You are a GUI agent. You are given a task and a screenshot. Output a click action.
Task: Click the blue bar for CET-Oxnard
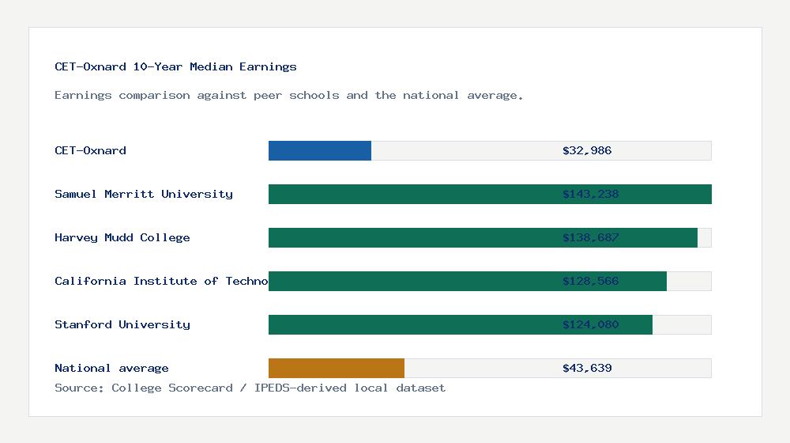point(320,150)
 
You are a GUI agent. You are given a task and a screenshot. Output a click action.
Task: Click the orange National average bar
point(337,368)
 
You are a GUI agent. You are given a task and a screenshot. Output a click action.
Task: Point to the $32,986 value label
point(587,150)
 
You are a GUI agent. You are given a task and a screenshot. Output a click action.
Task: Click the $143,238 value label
point(590,194)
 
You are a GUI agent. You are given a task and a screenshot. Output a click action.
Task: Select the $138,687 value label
point(590,237)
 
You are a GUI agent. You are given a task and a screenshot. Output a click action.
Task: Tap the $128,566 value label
point(590,281)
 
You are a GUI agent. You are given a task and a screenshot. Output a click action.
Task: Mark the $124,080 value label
point(590,324)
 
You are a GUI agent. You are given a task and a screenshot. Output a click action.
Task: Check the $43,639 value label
point(587,368)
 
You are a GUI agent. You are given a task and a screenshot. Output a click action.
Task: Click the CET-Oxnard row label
point(90,150)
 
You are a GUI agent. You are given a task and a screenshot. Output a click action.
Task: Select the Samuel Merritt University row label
point(144,194)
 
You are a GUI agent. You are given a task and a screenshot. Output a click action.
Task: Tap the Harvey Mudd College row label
point(122,237)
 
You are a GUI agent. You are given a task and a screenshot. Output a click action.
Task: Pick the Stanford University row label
point(122,324)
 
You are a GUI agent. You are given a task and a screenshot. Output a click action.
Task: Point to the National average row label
point(111,368)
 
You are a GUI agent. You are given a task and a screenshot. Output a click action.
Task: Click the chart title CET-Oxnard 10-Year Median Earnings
point(175,66)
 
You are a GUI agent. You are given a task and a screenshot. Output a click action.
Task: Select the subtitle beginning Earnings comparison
point(289,95)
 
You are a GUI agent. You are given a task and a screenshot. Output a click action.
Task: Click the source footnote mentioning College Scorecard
point(250,388)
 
